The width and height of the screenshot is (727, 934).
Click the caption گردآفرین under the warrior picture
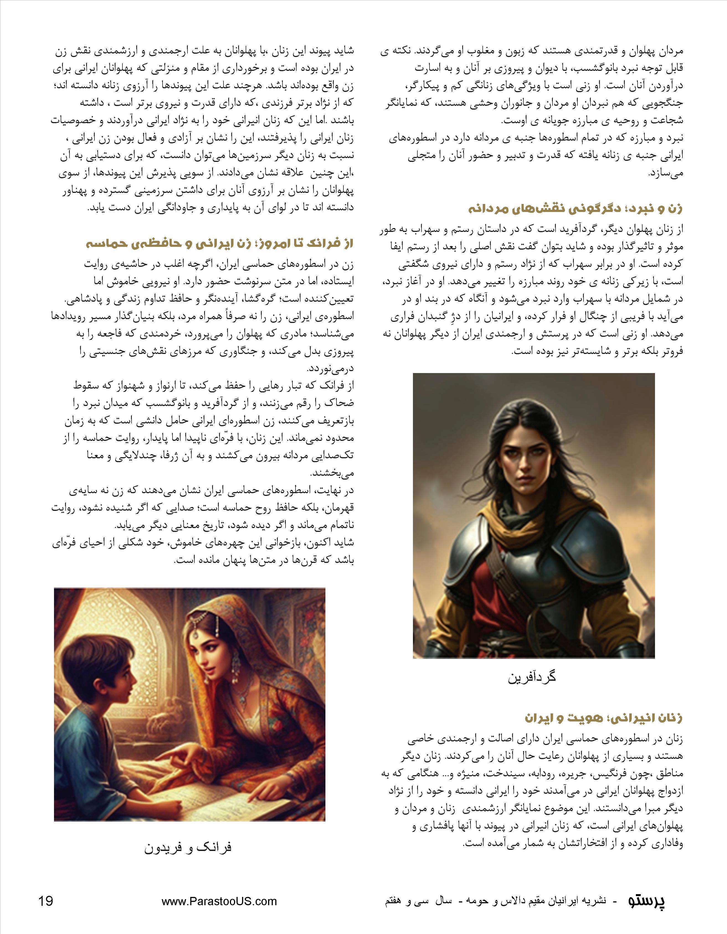point(532,677)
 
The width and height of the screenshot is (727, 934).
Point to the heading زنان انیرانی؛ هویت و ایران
point(603,718)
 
